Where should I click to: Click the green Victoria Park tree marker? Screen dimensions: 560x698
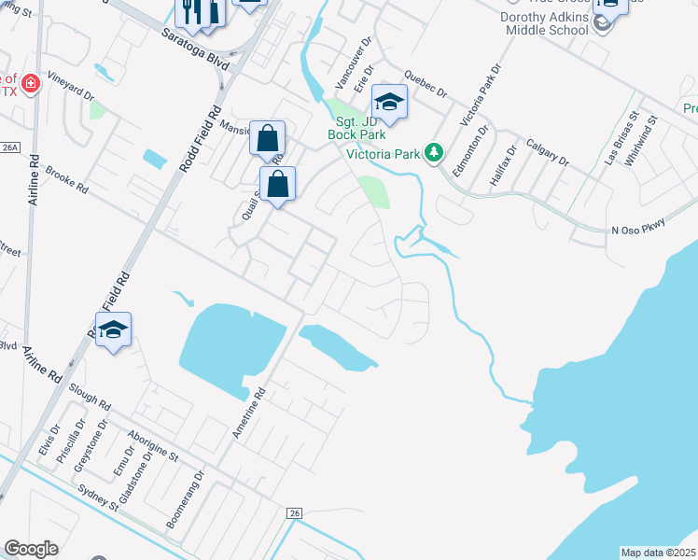pyautogui.click(x=433, y=152)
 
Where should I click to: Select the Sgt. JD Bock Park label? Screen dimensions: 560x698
pyautogui.click(x=356, y=127)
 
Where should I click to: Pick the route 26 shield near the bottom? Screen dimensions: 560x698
pyautogui.click(x=294, y=513)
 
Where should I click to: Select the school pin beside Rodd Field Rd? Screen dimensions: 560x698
pyautogui.click(x=113, y=329)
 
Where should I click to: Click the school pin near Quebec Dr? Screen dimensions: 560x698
pyautogui.click(x=389, y=102)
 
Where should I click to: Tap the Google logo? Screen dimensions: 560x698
pyautogui.click(x=31, y=549)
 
